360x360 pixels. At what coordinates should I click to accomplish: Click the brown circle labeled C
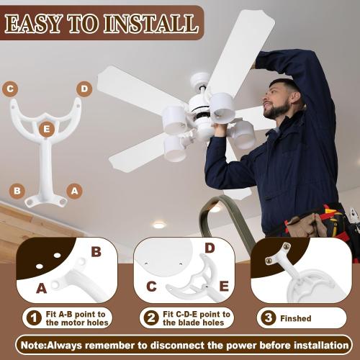[x=10, y=89]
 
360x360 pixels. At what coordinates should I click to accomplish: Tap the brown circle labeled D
[x=84, y=89]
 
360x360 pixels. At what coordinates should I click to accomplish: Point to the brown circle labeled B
[x=17, y=191]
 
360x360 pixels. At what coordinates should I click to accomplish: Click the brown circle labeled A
[x=73, y=191]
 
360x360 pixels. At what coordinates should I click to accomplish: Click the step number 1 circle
[x=32, y=318]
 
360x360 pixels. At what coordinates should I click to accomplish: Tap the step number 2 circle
[x=150, y=318]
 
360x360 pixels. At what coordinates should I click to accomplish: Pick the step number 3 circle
[x=268, y=318]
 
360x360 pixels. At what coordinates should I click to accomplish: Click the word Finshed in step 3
[x=296, y=318]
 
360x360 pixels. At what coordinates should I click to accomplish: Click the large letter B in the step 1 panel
[x=96, y=252]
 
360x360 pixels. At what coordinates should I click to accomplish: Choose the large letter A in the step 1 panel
[x=41, y=289]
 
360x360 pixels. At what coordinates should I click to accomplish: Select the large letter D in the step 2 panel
[x=210, y=248]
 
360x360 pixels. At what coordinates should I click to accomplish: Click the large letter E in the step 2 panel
[x=223, y=287]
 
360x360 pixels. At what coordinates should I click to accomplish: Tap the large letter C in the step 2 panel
[x=151, y=287]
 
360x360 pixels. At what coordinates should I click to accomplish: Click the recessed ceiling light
[x=159, y=225]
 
